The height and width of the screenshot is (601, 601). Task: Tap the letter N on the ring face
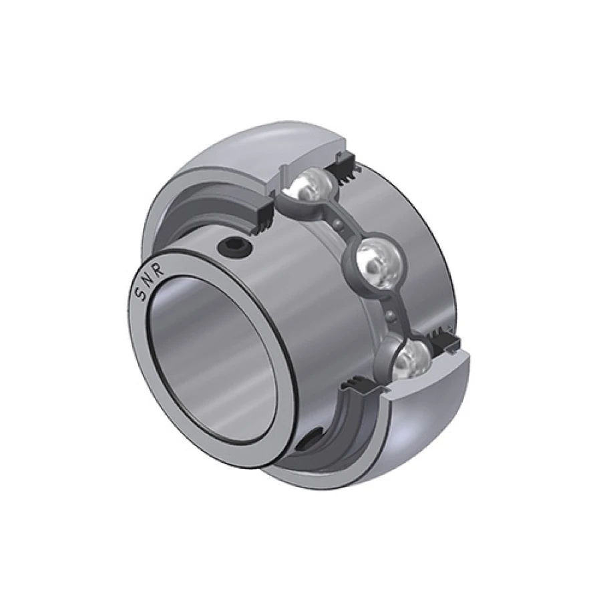pyautogui.click(x=146, y=279)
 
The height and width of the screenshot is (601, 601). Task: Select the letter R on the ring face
pyautogui.click(x=158, y=269)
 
